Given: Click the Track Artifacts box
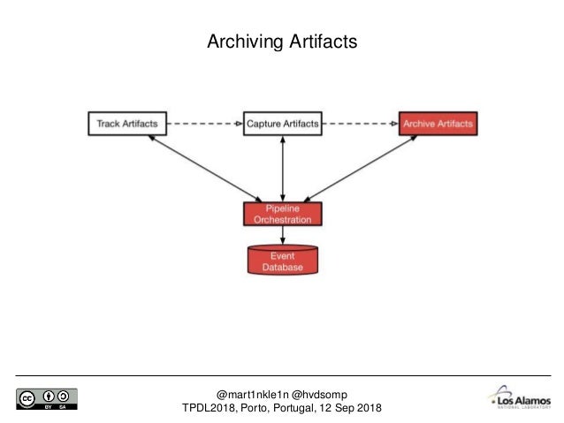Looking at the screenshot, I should pos(126,124).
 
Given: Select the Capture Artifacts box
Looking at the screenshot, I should pos(282,124).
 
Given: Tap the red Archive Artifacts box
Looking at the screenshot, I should pos(437,124).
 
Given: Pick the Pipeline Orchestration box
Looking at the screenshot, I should pos(282,214).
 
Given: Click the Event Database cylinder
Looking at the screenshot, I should pos(282,259).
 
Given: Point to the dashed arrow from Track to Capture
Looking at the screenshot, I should pos(203,124).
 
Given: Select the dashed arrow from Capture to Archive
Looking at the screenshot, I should pos(360,124).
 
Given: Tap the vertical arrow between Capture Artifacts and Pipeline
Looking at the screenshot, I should pos(282,168).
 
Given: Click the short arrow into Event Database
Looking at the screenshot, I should pos(282,234).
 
